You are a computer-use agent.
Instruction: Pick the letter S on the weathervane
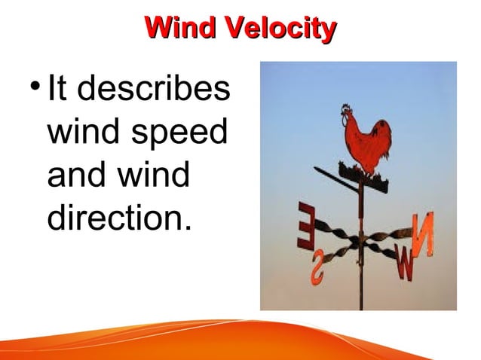[x=318, y=269]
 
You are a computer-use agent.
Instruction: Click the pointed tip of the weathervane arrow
[x=317, y=169]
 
